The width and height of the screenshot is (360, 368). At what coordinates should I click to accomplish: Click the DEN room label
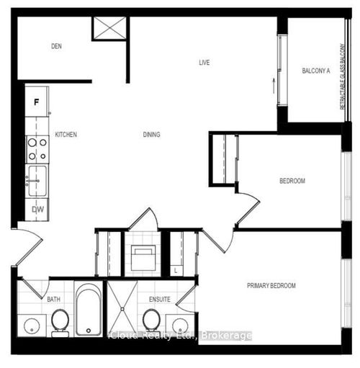click(57, 47)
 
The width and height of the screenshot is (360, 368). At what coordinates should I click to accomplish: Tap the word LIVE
click(204, 63)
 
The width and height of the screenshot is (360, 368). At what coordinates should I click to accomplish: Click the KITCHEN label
click(66, 135)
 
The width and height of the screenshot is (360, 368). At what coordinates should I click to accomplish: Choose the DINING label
click(151, 135)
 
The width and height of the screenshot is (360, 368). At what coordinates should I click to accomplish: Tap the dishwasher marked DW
click(37, 209)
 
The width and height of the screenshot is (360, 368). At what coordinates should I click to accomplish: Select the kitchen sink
click(37, 179)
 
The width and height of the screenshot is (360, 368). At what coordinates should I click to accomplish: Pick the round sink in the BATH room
click(31, 327)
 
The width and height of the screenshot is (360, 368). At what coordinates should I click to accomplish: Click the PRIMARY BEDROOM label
click(271, 286)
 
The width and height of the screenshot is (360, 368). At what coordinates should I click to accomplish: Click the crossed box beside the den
click(109, 28)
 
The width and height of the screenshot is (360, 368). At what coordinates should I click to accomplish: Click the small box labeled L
click(177, 270)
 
